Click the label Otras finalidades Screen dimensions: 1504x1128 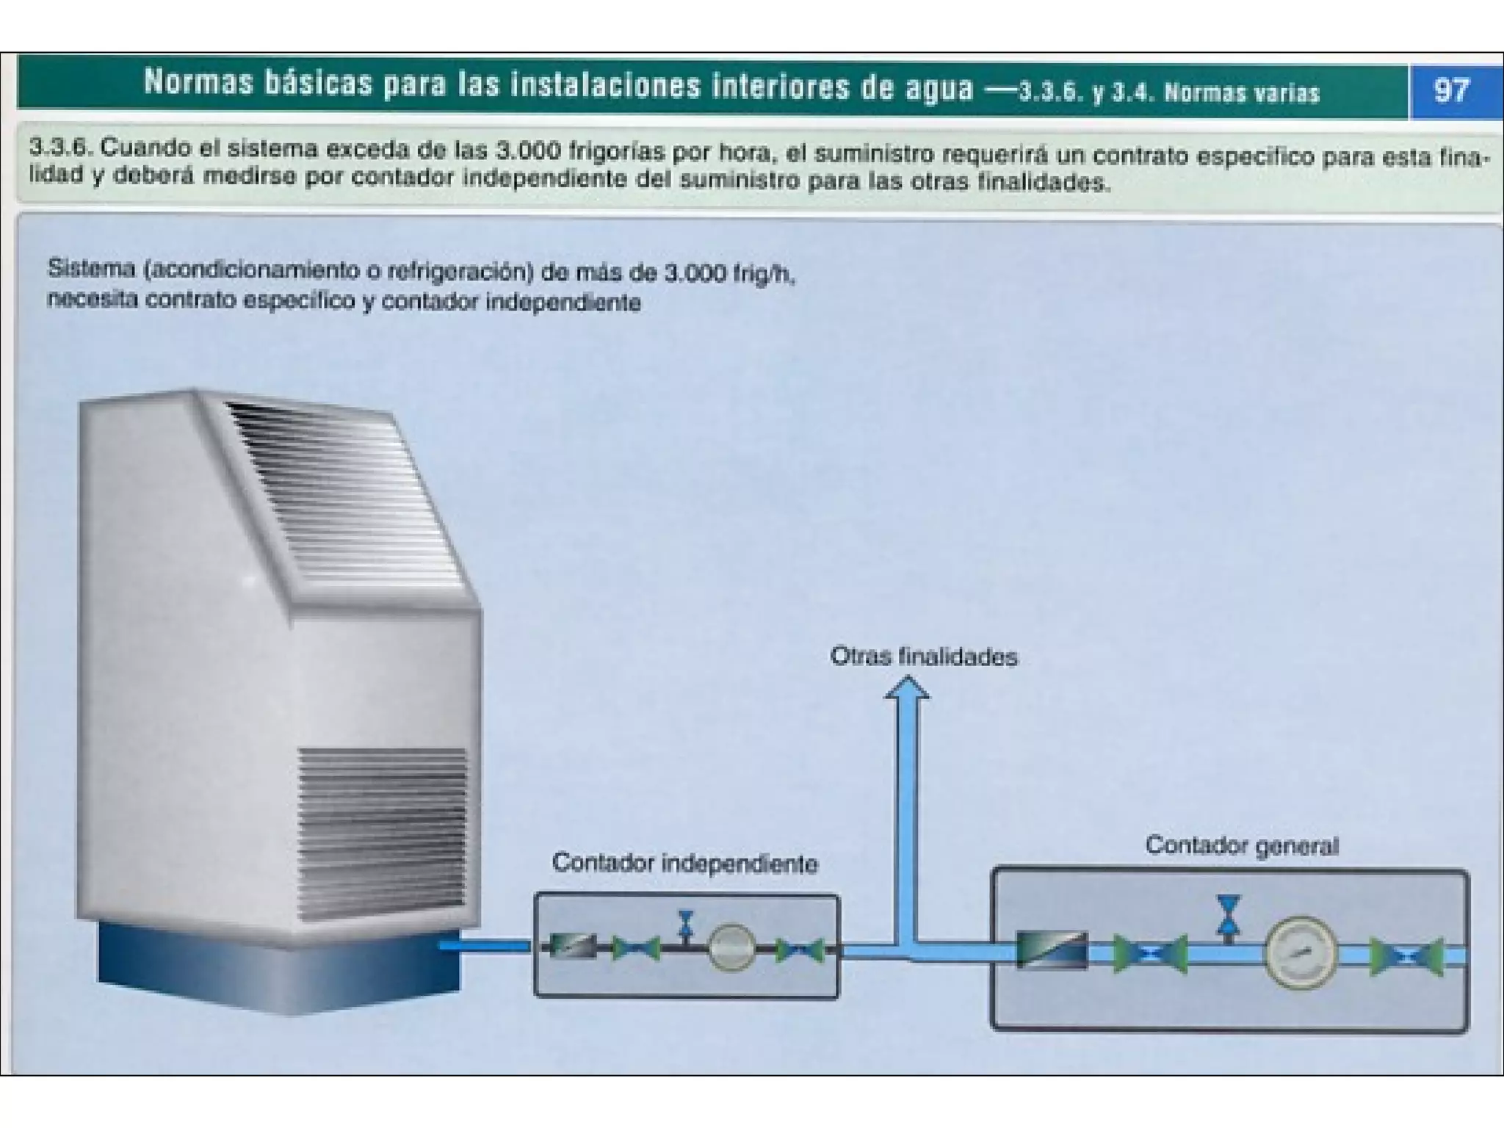tap(923, 656)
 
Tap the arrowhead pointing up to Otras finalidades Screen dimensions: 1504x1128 tap(907, 690)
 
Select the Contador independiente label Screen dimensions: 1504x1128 tap(684, 863)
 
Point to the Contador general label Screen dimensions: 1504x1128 tap(1242, 846)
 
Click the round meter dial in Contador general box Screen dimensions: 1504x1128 tap(1301, 952)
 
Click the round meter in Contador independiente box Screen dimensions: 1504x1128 tap(731, 947)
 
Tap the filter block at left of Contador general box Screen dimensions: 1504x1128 tap(1052, 951)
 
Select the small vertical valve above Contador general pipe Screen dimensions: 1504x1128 tap(1228, 915)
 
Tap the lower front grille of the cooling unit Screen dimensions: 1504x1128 tap(382, 826)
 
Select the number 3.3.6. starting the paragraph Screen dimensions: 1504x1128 tap(60, 147)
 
